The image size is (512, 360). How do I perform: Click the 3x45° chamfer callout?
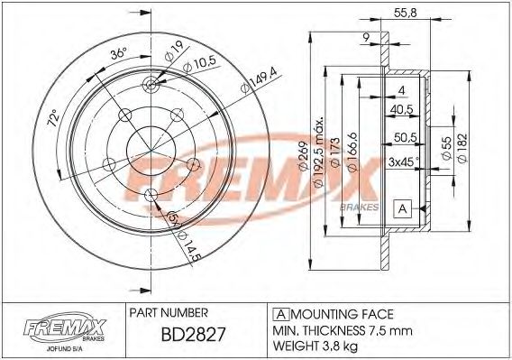[x=405, y=162]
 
